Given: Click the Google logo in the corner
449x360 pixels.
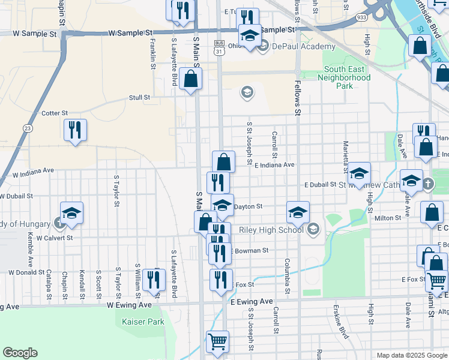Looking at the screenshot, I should point(20,353).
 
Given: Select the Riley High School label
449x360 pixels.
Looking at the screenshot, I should point(271,230).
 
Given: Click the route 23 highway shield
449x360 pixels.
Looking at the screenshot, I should point(28,128).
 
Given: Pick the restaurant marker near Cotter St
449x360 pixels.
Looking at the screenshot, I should point(75,130).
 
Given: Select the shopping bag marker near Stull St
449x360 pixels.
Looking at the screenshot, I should point(190,79).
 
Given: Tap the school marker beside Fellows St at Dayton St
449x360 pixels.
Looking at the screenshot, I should point(298,212).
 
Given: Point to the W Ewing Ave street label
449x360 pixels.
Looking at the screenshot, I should point(130,304).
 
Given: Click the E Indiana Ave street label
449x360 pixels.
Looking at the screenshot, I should point(274,165).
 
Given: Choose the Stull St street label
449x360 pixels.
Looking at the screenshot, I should point(139,97).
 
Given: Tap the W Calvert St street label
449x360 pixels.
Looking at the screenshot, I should point(54,238).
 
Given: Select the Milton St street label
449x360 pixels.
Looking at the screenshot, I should point(388,218).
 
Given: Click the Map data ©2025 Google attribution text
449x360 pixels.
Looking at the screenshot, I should point(411,355).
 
